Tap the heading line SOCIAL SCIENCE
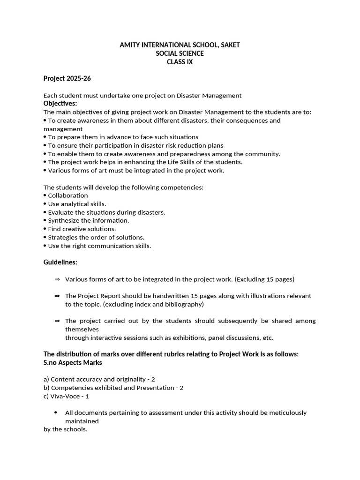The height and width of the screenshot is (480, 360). [x=180, y=53]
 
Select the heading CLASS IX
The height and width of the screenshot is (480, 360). [x=180, y=62]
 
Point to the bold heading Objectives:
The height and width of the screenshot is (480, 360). [x=60, y=104]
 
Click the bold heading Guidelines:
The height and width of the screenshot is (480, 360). [x=60, y=262]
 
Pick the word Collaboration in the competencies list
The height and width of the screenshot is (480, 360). [x=68, y=195]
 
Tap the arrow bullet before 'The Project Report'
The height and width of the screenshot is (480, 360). [x=57, y=296]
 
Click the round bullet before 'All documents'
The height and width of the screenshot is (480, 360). [x=56, y=412]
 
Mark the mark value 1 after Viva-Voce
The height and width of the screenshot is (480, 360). [x=87, y=396]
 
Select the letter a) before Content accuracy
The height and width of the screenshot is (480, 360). [x=46, y=379]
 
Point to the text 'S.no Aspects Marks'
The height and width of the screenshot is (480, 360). [x=73, y=363]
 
